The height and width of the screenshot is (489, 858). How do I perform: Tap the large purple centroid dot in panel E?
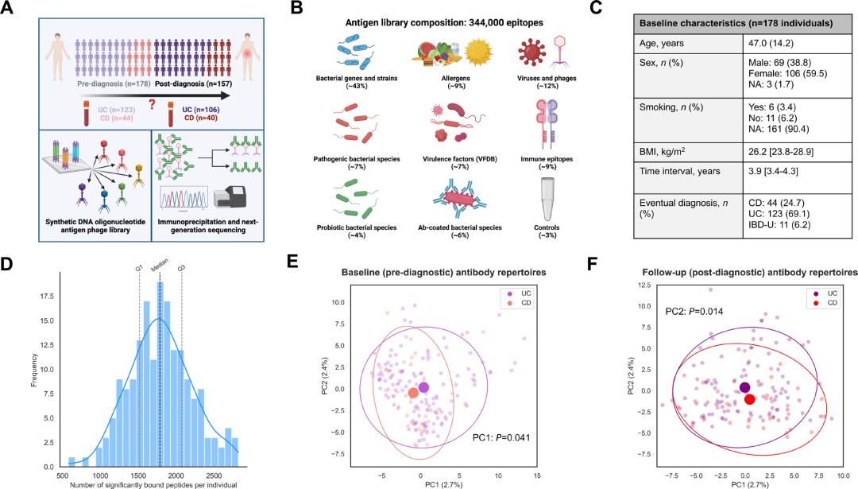(424, 387)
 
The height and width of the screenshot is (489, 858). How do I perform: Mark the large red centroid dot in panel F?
(750, 399)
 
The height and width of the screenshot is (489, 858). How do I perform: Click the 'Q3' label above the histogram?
(182, 269)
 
